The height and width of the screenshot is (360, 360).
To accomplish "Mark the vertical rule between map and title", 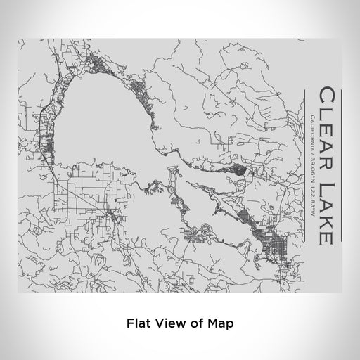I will [x=302, y=169].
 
